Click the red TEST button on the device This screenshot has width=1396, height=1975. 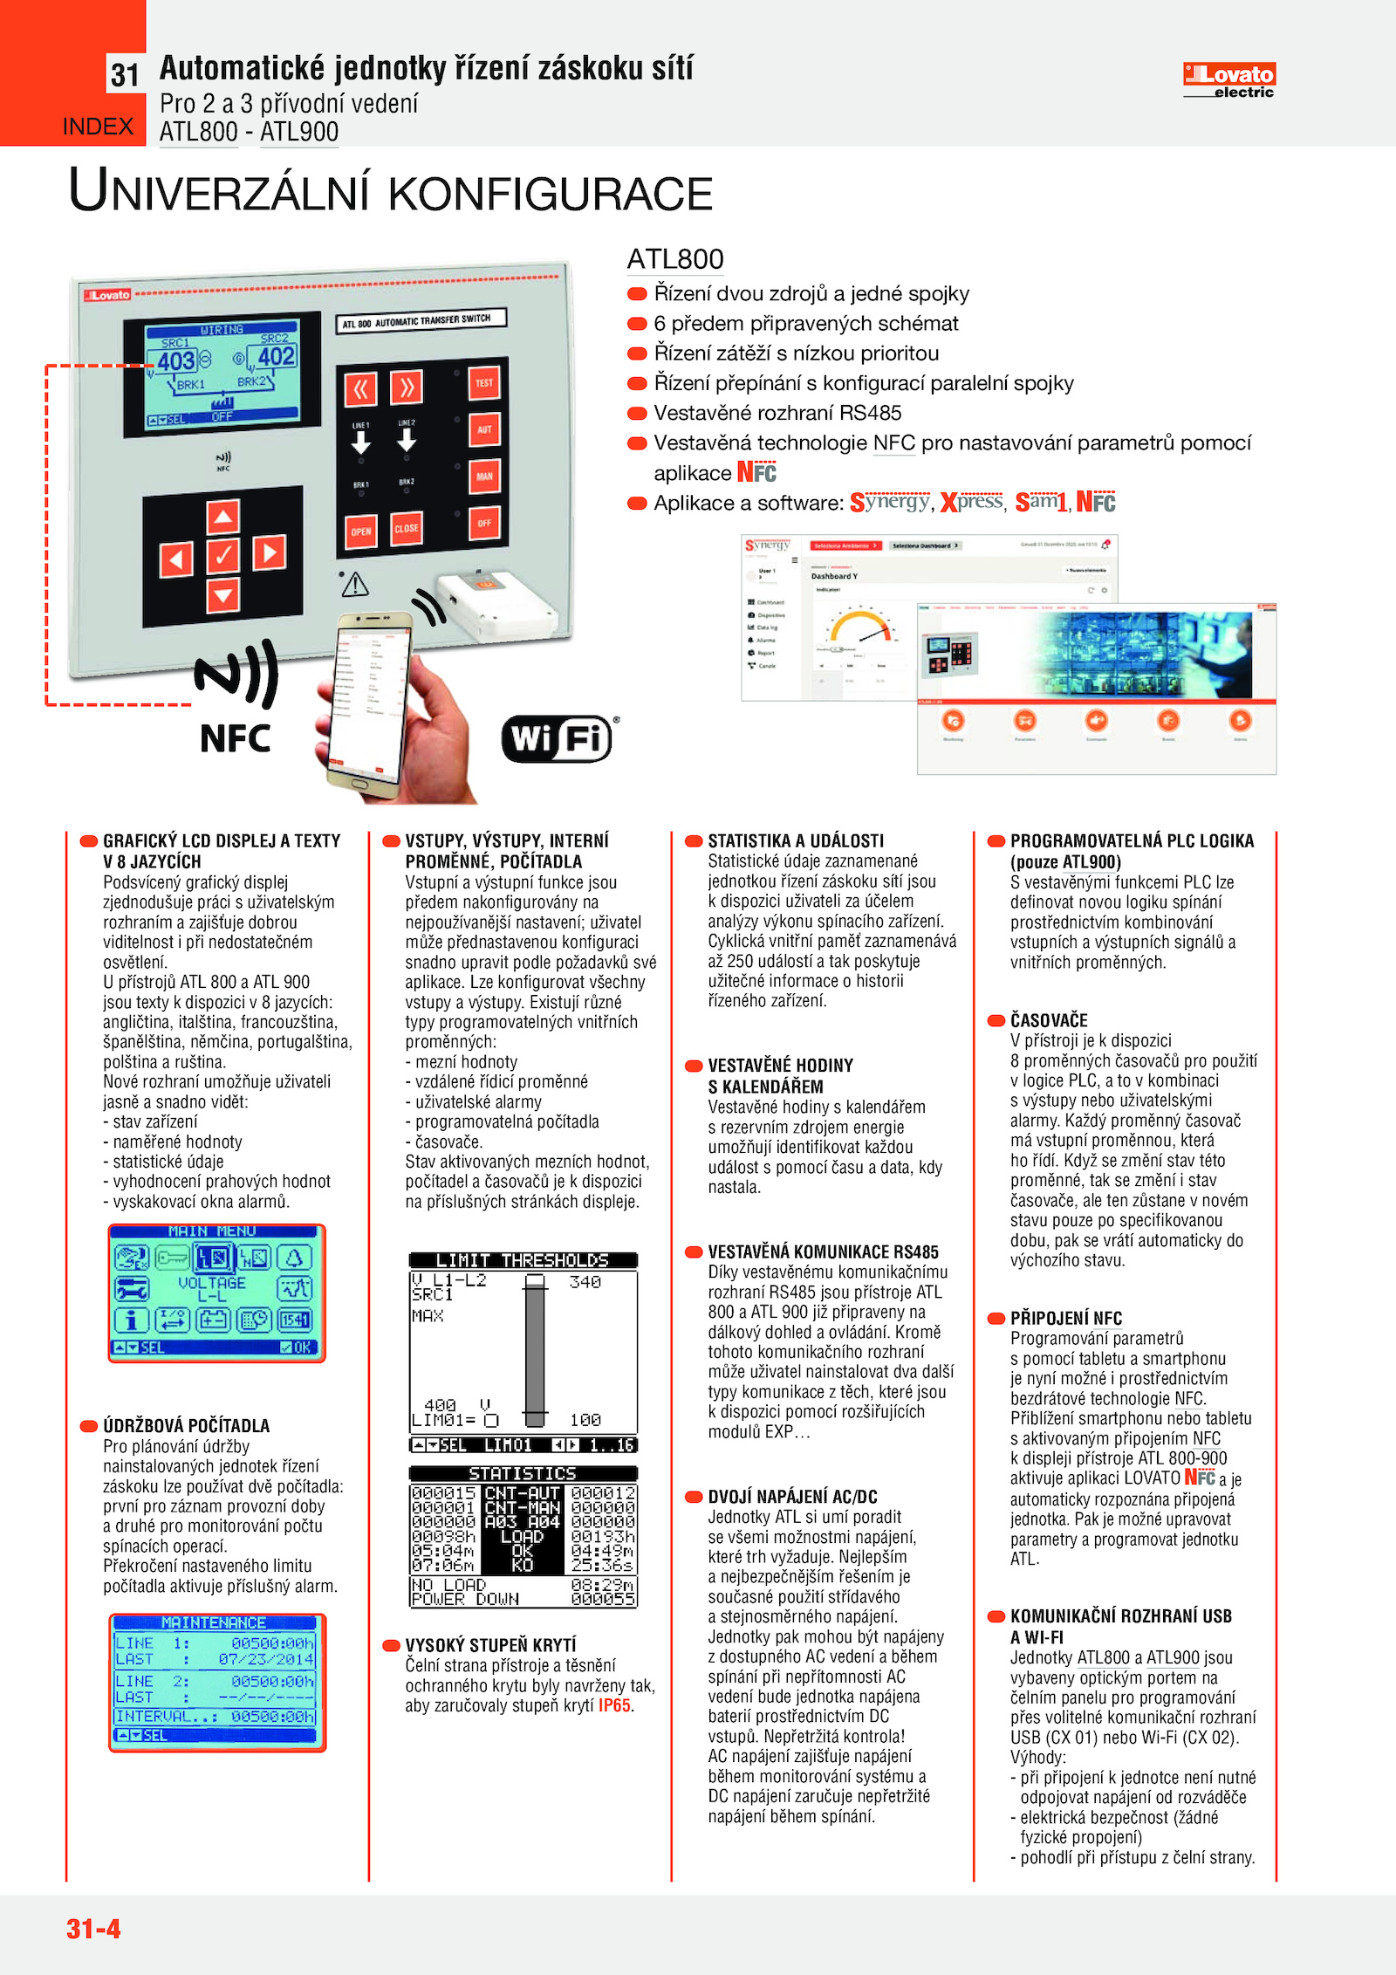point(484,382)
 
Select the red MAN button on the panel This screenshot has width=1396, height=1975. point(484,477)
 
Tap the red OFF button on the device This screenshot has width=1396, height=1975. point(484,524)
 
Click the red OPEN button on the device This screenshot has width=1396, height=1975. point(361,531)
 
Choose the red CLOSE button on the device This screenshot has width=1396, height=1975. point(407,528)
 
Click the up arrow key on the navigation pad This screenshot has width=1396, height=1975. point(223,517)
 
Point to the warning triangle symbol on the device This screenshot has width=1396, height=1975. point(355,584)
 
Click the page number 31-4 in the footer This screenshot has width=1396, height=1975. point(93,1928)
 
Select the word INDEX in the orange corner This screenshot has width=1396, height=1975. point(98,127)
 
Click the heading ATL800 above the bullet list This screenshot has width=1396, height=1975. point(675,259)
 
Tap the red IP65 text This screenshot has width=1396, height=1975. point(614,1705)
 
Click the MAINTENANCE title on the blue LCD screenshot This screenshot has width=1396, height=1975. point(214,1622)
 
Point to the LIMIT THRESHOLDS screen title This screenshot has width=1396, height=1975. point(523,1260)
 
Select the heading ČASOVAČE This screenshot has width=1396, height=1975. point(1049,1020)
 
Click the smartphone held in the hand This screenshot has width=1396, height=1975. point(371,698)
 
